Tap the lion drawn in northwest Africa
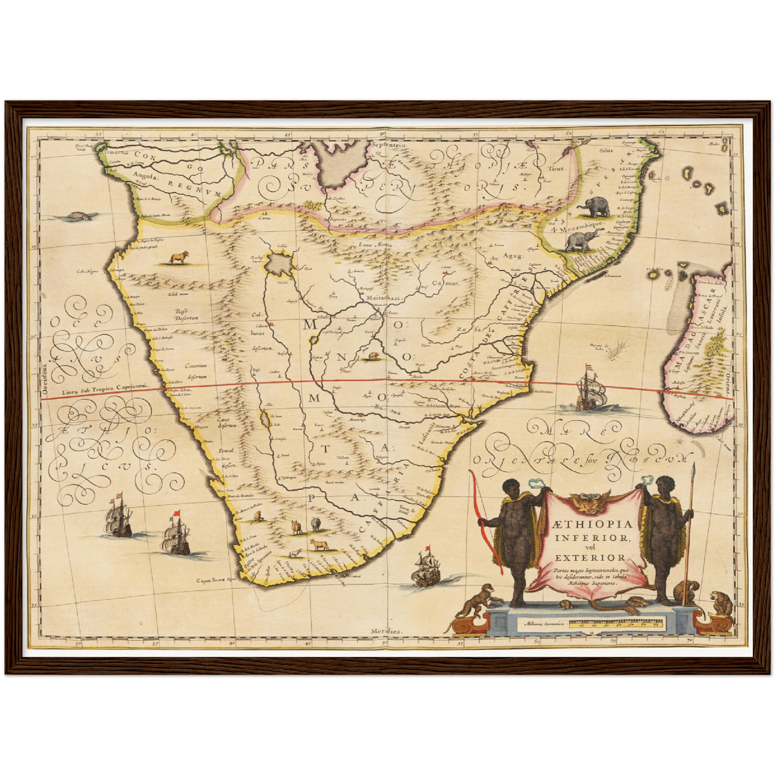pyautogui.click(x=179, y=258)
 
